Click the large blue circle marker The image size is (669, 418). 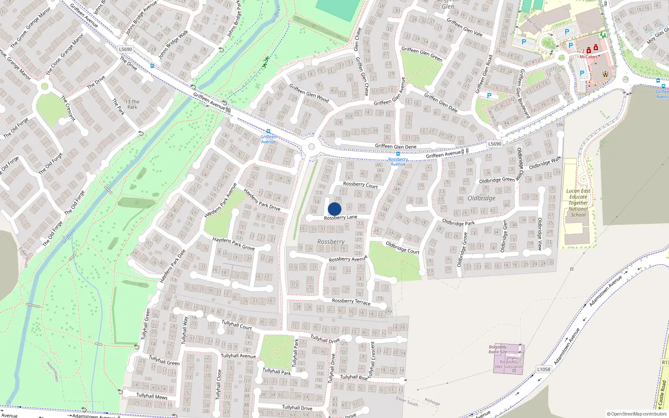(334, 209)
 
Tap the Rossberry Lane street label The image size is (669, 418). (340, 217)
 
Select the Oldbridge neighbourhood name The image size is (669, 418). (481, 198)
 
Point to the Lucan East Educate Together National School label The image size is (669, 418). (578, 203)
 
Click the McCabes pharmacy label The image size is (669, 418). (588, 57)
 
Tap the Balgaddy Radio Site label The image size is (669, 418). (498, 349)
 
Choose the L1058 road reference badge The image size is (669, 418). (544, 369)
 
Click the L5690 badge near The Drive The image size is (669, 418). (125, 49)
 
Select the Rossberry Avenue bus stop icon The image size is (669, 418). (398, 154)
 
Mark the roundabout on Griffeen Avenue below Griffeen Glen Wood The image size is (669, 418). (311, 146)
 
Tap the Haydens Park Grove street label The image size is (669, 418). (233, 243)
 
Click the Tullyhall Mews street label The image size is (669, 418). (152, 396)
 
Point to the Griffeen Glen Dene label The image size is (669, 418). (396, 146)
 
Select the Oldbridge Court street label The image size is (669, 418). (402, 247)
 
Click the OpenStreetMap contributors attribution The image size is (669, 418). (636, 414)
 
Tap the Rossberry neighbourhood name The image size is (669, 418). (331, 242)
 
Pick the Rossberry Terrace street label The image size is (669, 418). (351, 301)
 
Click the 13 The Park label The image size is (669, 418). (132, 104)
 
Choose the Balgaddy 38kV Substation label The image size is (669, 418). (508, 364)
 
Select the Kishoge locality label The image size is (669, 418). (432, 402)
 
